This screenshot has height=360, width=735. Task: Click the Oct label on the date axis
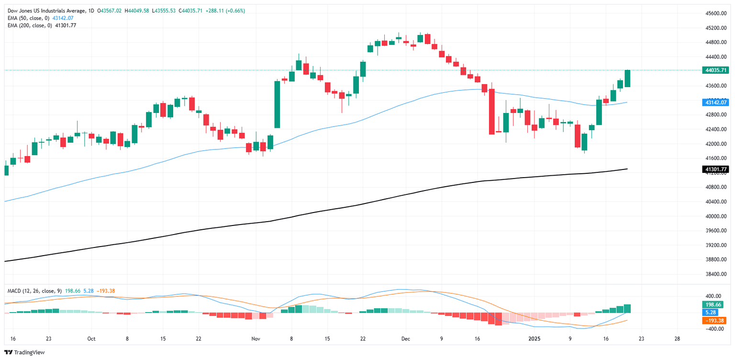[x=91, y=338]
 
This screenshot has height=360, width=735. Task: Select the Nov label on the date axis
[x=256, y=338]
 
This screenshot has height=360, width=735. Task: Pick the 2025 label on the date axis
[x=535, y=338]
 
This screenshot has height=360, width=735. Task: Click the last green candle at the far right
[x=627, y=79]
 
